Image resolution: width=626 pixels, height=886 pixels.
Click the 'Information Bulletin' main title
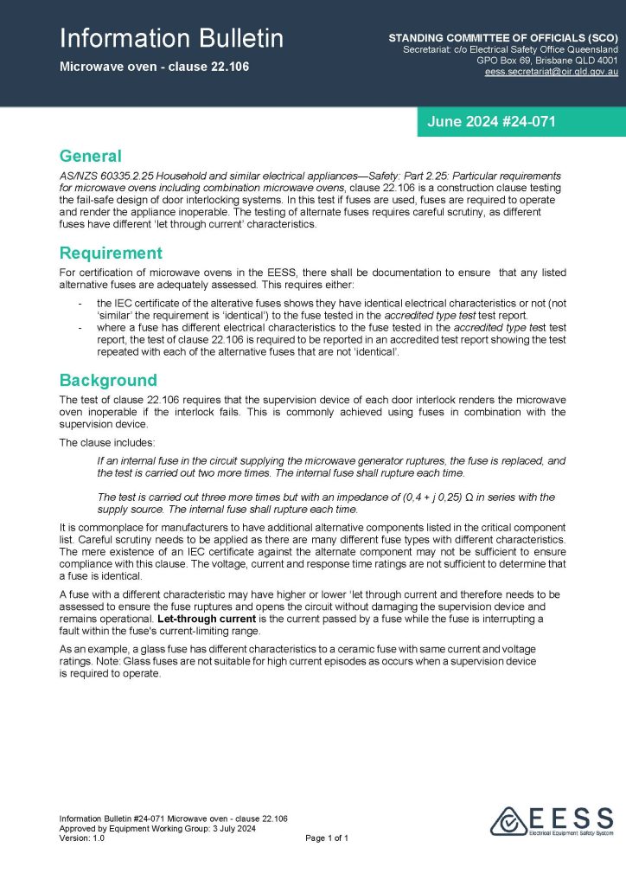coord(171,38)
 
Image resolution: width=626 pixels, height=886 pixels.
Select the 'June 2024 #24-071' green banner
coord(490,122)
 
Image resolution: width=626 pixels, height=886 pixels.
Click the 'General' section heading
coord(90,157)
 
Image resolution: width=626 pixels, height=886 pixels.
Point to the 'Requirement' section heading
coord(111,254)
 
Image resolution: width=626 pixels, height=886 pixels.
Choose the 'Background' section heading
coord(108,381)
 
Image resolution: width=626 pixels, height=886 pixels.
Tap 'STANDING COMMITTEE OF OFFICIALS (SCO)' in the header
coord(503,39)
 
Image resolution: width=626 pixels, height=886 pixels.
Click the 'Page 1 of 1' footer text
coord(327,838)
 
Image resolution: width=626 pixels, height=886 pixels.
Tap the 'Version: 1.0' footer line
coord(82,838)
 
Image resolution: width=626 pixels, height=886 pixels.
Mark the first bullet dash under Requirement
coord(80,304)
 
